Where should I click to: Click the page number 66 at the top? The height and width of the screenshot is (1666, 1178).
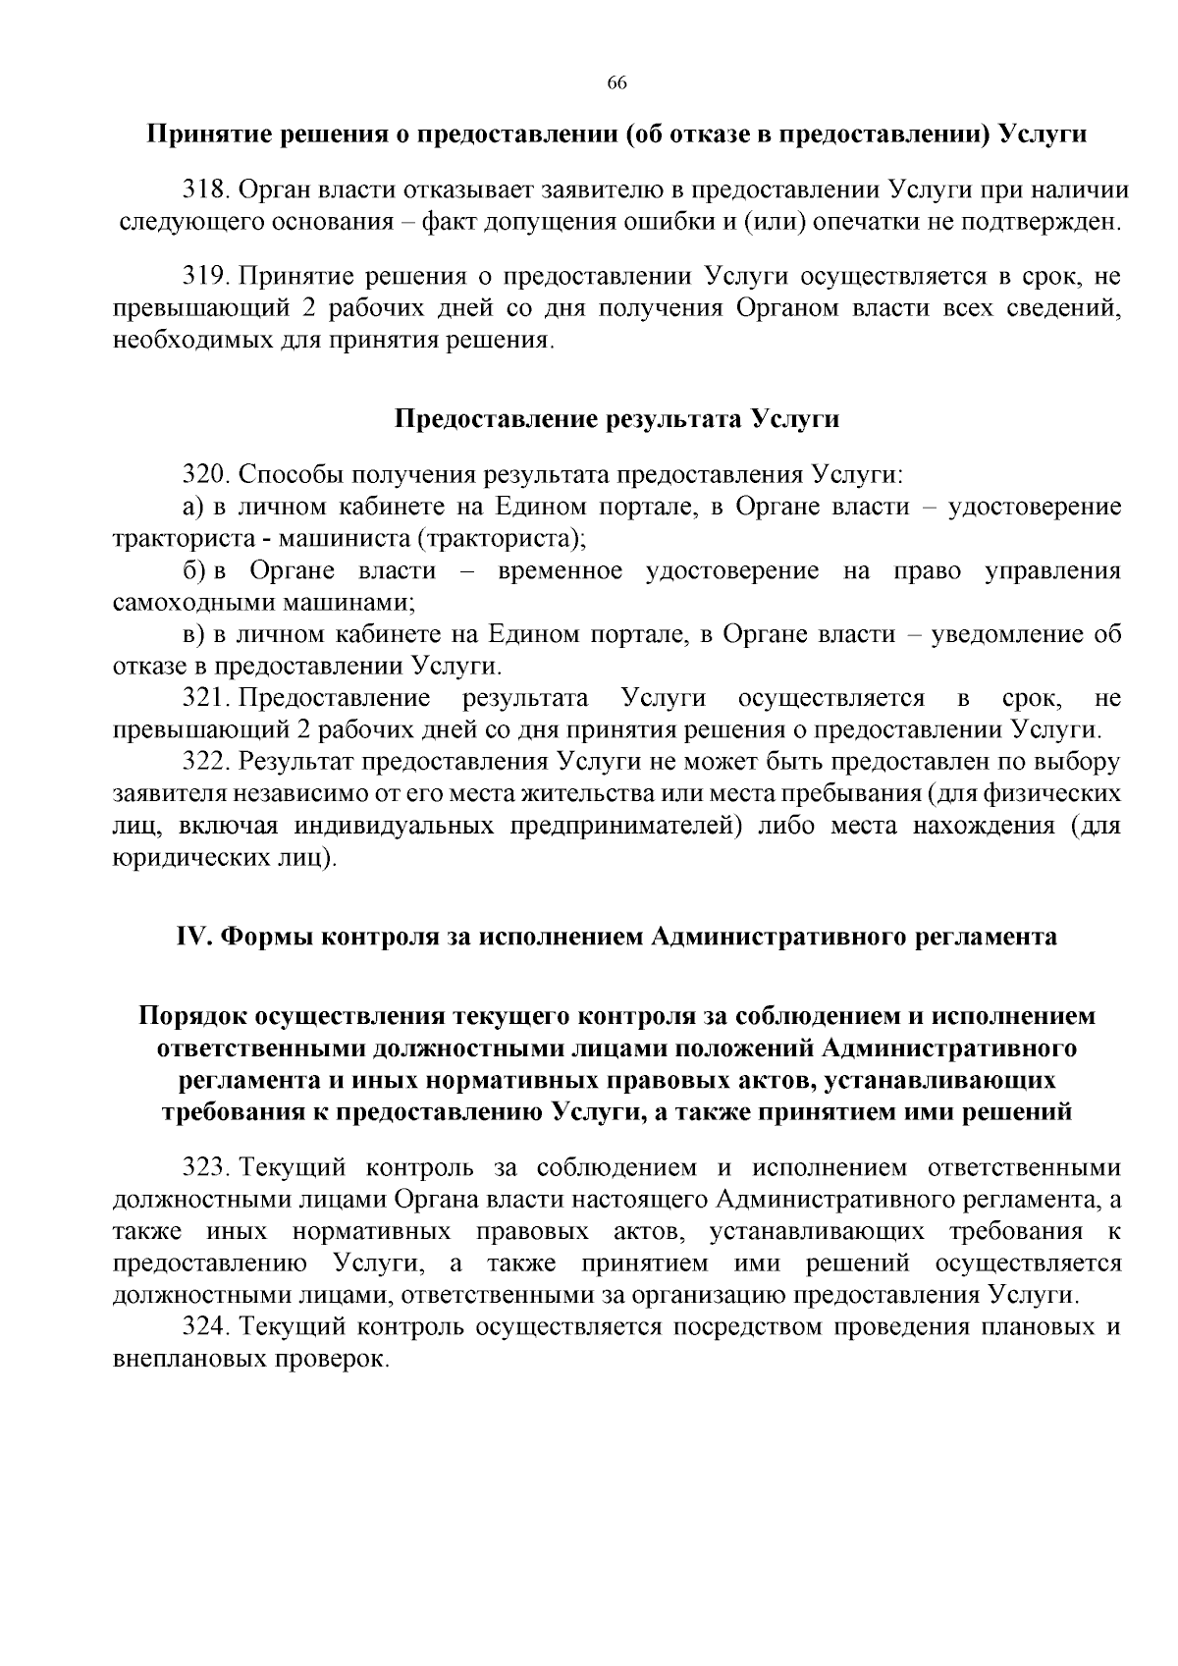pos(616,82)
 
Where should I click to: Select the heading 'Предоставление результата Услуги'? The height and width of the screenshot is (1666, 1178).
pos(616,419)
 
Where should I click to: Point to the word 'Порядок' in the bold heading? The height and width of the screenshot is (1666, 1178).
pos(192,1016)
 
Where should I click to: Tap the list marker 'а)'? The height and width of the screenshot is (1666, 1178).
pos(193,508)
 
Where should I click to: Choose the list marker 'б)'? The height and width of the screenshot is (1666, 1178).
pos(193,571)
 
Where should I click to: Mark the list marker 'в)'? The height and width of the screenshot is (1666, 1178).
pos(193,634)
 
